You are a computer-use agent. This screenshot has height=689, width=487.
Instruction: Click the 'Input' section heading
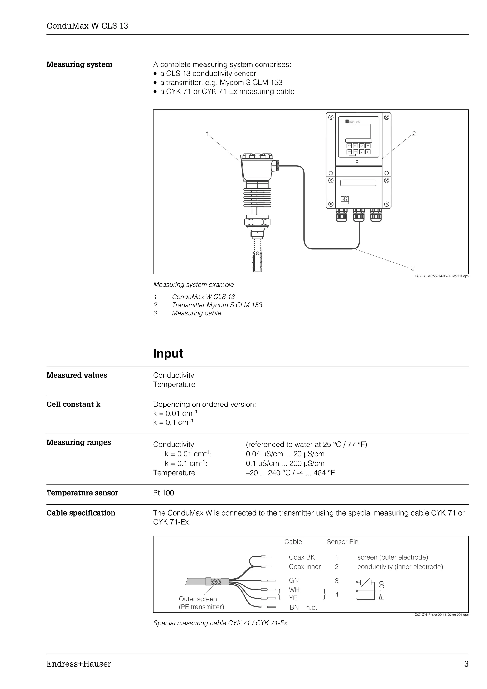click(x=168, y=353)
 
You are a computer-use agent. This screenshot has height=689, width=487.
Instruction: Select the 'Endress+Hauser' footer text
click(x=78, y=664)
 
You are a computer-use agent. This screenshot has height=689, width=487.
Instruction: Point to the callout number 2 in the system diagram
click(x=414, y=134)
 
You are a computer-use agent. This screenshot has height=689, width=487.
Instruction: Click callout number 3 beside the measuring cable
click(x=413, y=268)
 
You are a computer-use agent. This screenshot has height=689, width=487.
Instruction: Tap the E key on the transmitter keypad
click(x=368, y=152)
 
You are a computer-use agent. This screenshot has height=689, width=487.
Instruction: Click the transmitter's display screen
click(x=358, y=131)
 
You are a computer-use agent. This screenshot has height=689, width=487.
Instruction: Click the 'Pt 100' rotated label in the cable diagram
click(x=381, y=590)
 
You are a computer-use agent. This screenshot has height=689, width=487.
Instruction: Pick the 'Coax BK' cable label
click(x=302, y=557)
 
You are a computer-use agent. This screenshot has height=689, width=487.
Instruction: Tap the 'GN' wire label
click(x=294, y=581)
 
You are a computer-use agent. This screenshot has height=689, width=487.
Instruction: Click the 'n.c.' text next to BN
click(x=312, y=608)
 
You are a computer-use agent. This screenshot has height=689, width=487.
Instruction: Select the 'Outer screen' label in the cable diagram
click(x=198, y=599)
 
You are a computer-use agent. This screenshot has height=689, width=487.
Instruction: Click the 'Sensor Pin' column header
click(x=342, y=542)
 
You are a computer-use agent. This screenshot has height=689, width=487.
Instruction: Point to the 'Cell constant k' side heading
click(x=73, y=405)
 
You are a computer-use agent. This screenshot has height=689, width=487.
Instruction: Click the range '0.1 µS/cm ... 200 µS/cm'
click(x=285, y=463)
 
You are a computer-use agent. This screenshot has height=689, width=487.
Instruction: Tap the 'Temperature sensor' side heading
click(x=82, y=493)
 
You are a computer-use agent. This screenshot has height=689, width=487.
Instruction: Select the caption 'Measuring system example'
click(x=193, y=284)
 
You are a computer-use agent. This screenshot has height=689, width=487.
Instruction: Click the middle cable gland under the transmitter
click(x=359, y=215)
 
